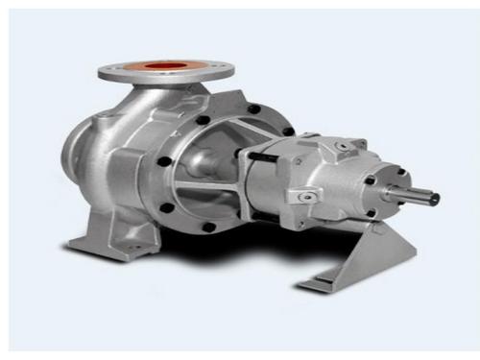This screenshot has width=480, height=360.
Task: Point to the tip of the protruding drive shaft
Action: tap(435, 199)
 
